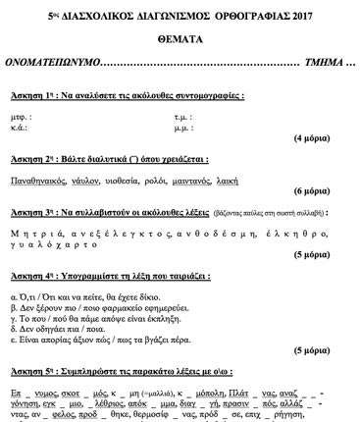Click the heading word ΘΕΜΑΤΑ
[180, 33]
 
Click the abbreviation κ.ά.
[19, 128]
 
